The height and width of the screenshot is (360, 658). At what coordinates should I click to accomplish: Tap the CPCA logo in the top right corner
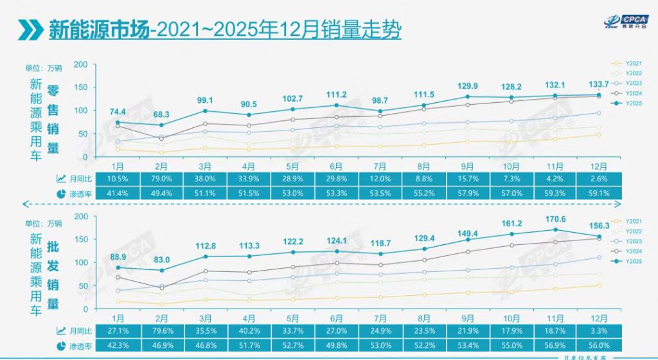[625, 21]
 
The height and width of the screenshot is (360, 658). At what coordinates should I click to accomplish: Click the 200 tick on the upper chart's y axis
[80, 64]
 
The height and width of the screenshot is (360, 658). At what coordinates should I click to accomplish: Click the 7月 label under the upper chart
[380, 165]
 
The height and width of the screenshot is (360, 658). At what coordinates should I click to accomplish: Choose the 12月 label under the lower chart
[599, 318]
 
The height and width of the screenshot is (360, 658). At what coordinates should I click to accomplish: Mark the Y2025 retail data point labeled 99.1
[205, 111]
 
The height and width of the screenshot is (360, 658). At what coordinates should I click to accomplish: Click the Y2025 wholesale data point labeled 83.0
[161, 271]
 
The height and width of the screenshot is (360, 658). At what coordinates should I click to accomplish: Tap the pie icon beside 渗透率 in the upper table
[61, 193]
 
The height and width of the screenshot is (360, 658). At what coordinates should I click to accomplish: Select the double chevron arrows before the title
[29, 30]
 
